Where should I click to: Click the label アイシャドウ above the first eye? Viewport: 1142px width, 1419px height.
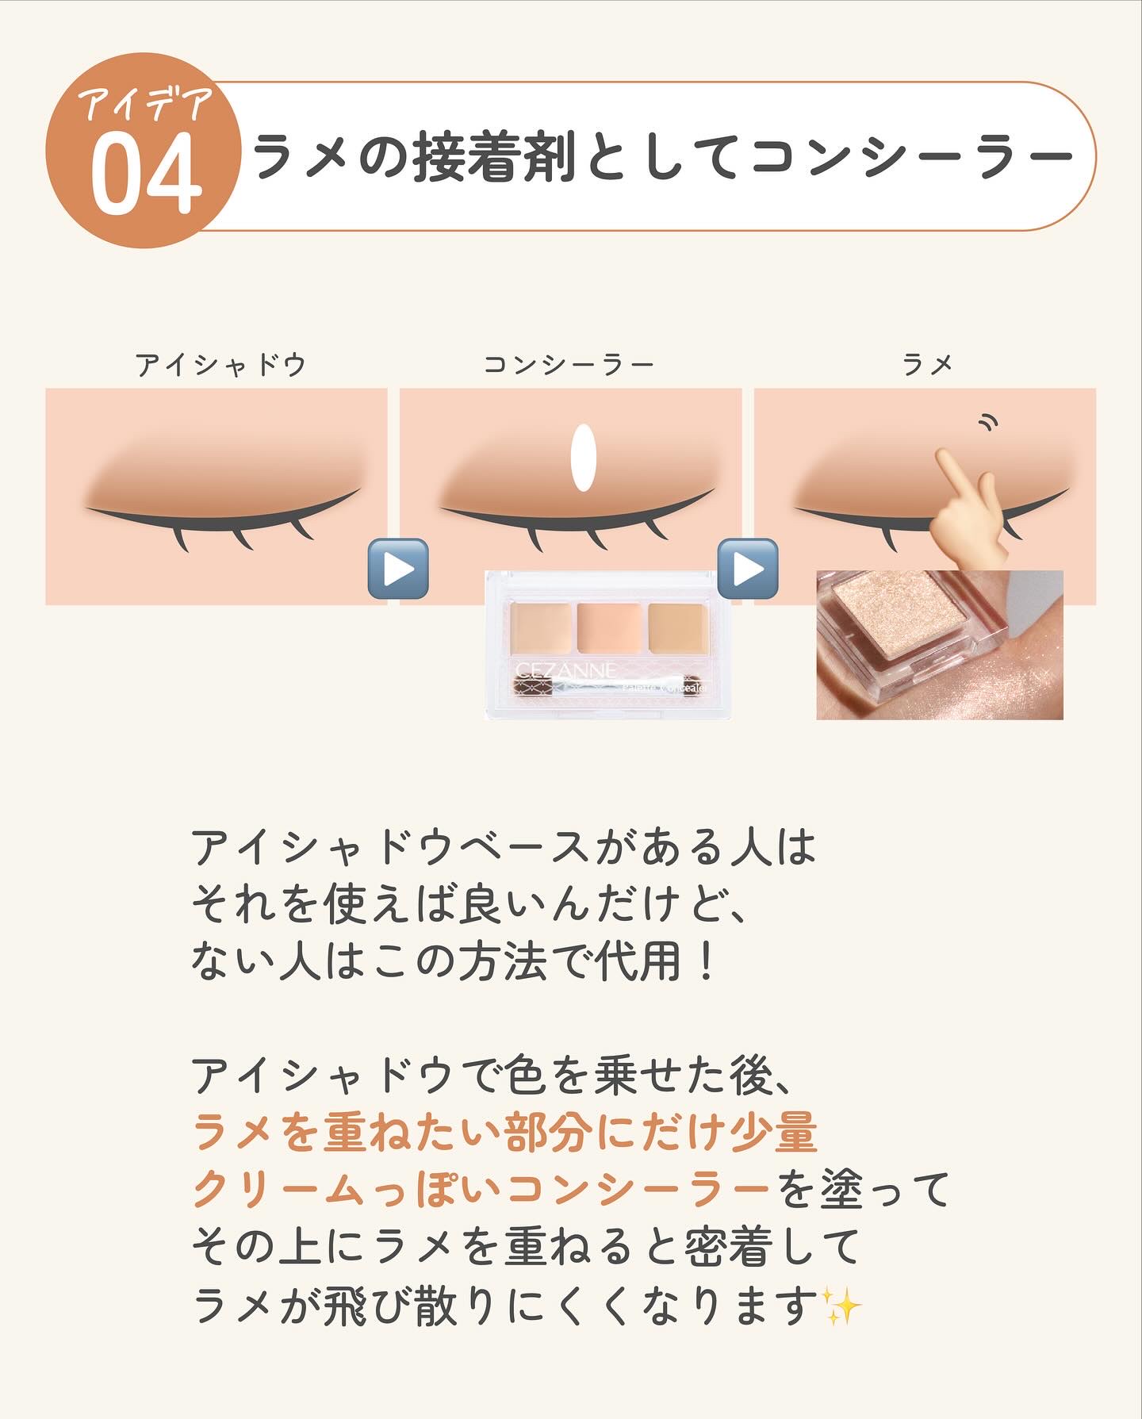point(221,365)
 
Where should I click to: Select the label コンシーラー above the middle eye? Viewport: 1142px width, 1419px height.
point(569,365)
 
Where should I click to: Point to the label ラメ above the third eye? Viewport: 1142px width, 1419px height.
point(927,365)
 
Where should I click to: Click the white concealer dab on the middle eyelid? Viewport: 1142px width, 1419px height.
point(583,458)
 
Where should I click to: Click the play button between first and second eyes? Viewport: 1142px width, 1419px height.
point(398,568)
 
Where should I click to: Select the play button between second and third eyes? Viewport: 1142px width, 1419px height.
point(748,568)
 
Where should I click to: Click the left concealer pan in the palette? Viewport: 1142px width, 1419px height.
point(541,628)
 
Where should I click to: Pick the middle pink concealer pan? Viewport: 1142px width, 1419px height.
point(608,628)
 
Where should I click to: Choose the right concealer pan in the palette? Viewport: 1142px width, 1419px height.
point(677,628)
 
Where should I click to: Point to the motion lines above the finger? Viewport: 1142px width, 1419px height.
point(987,422)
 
